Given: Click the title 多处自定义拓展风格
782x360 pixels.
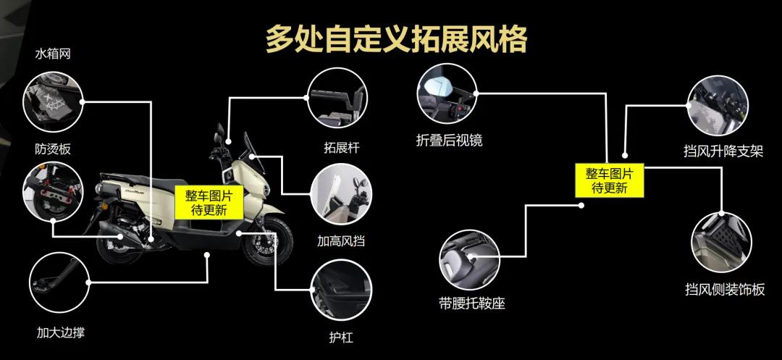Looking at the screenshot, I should (395, 38).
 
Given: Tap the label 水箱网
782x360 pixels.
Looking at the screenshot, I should (53, 54).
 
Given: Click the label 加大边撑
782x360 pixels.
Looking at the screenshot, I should (66, 332).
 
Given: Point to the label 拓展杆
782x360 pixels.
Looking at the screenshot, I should (342, 148).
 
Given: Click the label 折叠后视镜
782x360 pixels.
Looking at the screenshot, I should (449, 141).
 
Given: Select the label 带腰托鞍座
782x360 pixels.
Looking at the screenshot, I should (471, 303).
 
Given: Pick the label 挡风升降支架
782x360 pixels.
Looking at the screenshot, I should (723, 151).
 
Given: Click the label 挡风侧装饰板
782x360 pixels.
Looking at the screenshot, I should (725, 289).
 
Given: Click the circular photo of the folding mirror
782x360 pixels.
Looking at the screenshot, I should (445, 95).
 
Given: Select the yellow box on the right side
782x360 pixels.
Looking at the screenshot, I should (610, 180).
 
